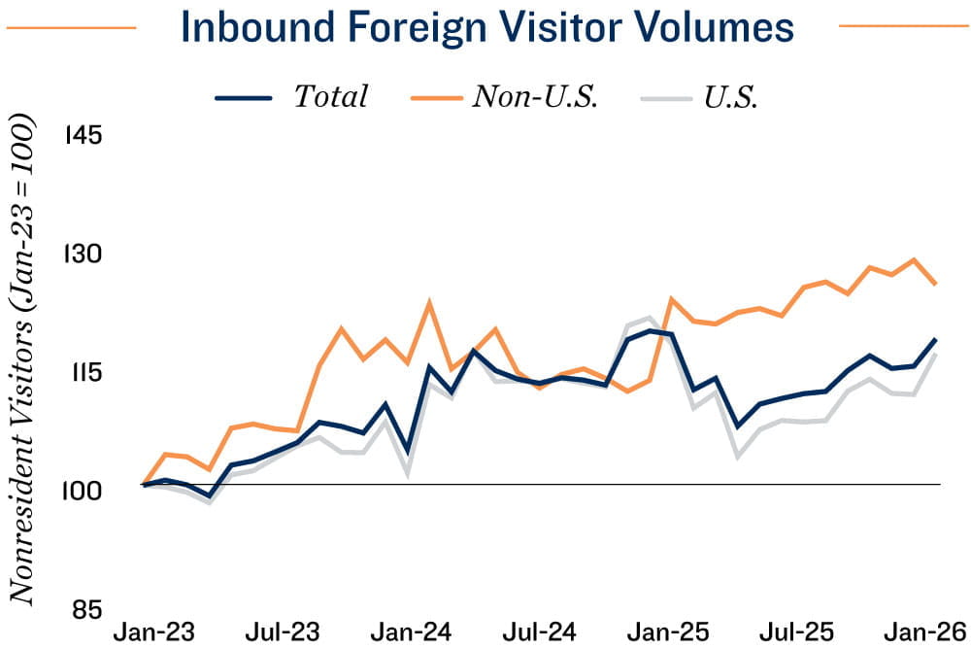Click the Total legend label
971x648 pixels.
click(331, 97)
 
